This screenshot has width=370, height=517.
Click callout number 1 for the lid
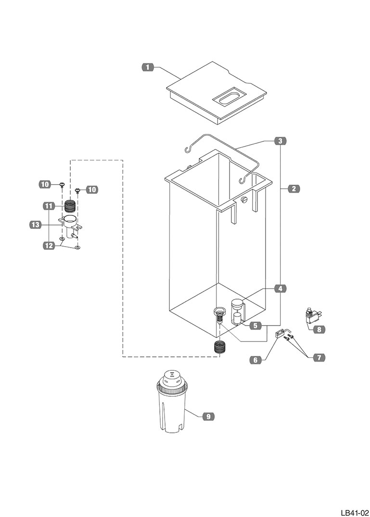(x=147, y=67)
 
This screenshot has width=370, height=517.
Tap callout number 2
(x=293, y=189)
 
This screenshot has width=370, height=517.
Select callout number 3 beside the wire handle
(x=280, y=141)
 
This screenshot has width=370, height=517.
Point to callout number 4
(x=280, y=289)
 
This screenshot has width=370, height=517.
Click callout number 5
(x=255, y=326)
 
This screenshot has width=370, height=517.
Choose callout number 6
(x=255, y=360)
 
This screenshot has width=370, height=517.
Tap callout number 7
(x=319, y=357)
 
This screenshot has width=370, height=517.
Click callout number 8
(x=319, y=329)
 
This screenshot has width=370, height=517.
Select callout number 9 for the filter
(x=208, y=417)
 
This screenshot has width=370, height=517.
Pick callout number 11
(x=49, y=206)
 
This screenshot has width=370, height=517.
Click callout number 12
(x=49, y=245)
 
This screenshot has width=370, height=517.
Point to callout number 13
(x=35, y=225)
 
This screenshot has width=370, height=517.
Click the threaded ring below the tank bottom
(x=219, y=348)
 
